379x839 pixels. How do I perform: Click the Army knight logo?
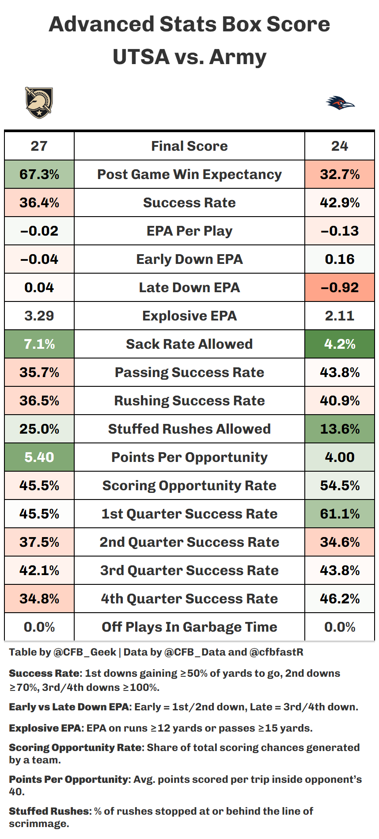click(39, 103)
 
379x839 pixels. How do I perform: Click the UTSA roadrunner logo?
click(340, 103)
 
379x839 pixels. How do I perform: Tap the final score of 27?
click(39, 146)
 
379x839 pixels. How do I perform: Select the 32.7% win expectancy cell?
click(340, 174)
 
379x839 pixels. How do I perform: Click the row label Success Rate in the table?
click(189, 202)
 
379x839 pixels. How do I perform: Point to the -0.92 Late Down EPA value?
click(340, 287)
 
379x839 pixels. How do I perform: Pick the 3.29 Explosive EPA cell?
click(39, 316)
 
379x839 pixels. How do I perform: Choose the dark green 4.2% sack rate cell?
click(340, 344)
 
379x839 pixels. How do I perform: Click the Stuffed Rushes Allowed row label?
click(189, 429)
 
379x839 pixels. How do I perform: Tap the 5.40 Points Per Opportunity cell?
click(39, 457)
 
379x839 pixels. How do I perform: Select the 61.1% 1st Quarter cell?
click(340, 514)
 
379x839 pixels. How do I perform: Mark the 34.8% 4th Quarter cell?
click(39, 599)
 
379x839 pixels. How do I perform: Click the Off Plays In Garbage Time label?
click(189, 627)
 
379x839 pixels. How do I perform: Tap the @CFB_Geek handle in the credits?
click(84, 652)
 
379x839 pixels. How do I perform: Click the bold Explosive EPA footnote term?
click(45, 728)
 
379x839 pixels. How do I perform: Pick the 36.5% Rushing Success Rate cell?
click(39, 400)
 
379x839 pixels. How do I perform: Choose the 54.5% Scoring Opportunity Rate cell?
click(340, 485)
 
